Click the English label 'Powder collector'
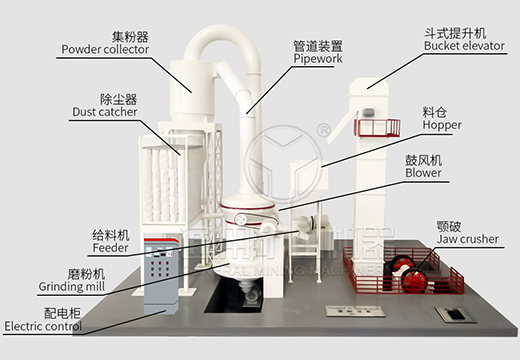coord(104,48)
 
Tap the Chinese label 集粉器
coord(104,33)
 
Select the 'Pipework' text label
coord(318,60)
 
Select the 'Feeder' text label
coord(110,246)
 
